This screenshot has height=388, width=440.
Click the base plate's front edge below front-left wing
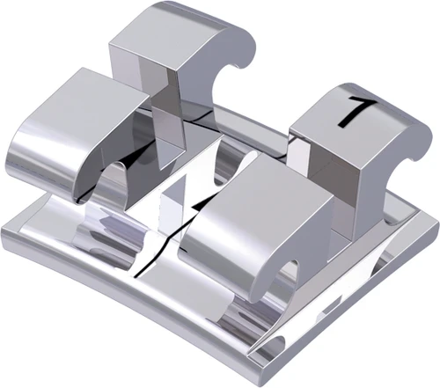coord(106,295)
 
